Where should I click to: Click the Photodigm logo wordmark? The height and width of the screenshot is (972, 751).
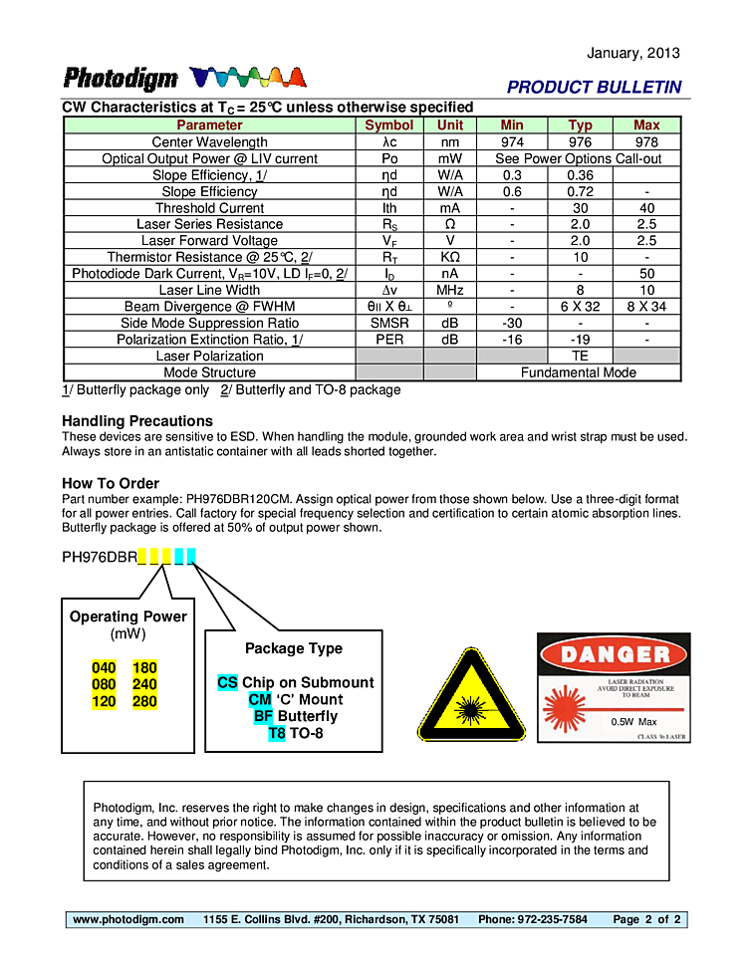pos(121,79)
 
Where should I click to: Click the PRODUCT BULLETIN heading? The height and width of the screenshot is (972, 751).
pos(594,87)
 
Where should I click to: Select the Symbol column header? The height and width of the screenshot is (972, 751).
pos(388,125)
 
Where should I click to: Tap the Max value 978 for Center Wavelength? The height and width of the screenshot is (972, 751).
pos(646,142)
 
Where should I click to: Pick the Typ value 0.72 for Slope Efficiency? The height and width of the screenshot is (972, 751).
pos(580,191)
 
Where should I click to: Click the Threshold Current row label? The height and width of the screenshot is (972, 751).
pos(209,208)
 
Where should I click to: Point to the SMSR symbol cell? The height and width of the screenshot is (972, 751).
pos(388,323)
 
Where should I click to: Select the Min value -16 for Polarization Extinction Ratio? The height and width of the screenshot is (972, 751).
pos(512,340)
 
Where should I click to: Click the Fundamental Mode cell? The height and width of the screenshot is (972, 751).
pos(579,372)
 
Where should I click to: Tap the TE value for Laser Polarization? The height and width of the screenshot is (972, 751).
pos(580,356)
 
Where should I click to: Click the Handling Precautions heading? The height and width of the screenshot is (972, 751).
pos(137,421)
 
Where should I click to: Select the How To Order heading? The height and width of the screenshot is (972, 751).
pos(111,484)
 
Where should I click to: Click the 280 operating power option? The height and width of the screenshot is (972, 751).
pos(144,701)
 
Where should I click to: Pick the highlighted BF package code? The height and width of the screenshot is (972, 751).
pos(263,716)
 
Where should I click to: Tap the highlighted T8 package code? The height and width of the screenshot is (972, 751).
pos(277,733)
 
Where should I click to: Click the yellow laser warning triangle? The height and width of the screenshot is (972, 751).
pos(471,697)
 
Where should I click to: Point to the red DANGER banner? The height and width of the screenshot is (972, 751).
pos(615,654)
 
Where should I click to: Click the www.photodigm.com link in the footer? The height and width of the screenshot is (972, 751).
pos(128,919)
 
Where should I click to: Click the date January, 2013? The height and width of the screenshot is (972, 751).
pos(633,53)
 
